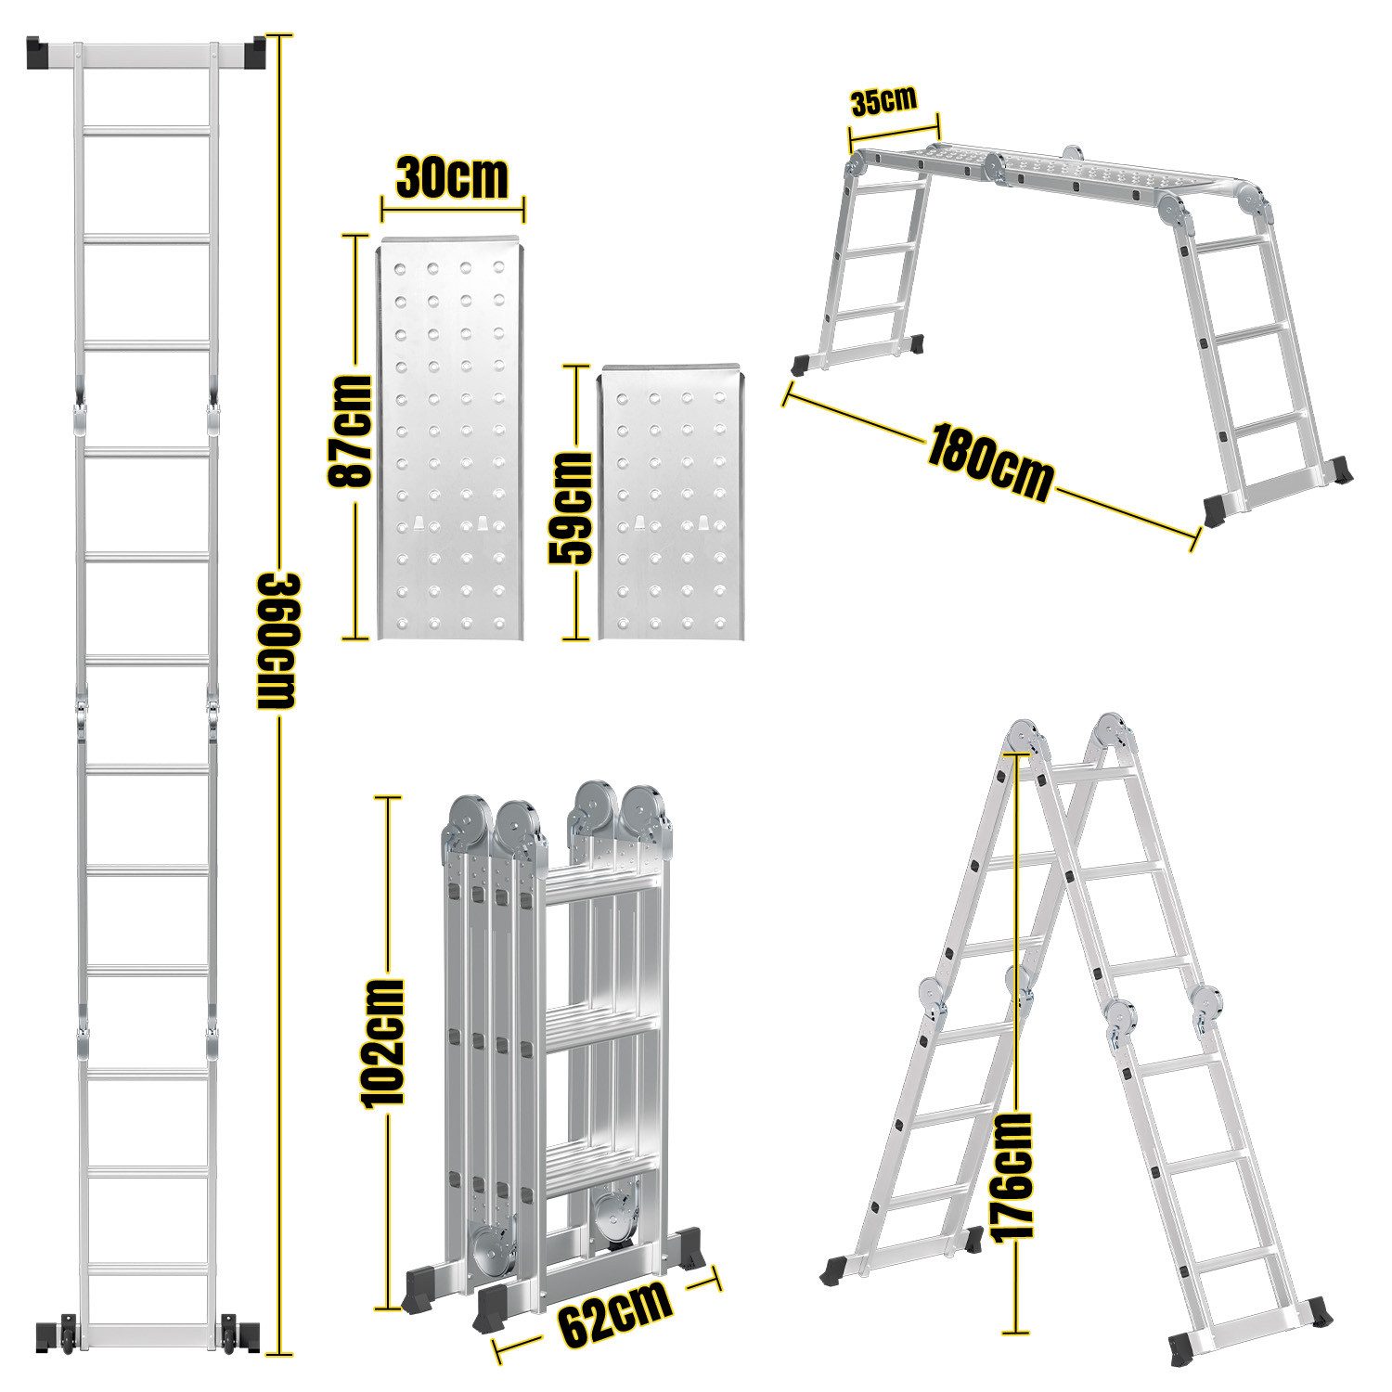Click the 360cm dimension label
[277, 640]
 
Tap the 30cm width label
[452, 178]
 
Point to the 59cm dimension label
[570, 508]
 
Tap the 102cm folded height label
[383, 1042]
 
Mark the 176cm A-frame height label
[1011, 1175]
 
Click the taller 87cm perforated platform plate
[451, 441]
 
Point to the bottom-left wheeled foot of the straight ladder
[55, 1334]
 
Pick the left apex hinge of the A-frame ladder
[1024, 741]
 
